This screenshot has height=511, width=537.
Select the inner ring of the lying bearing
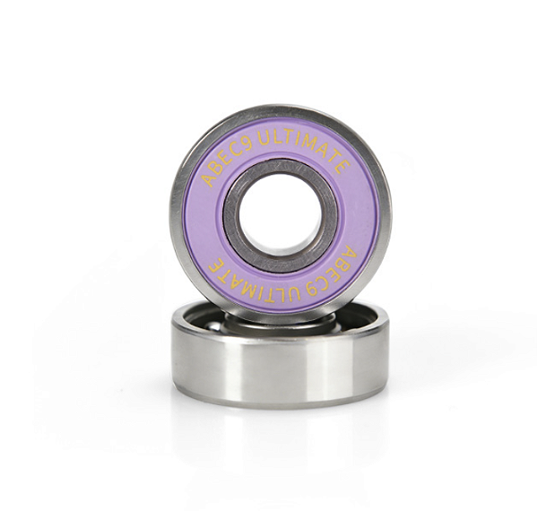281,318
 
